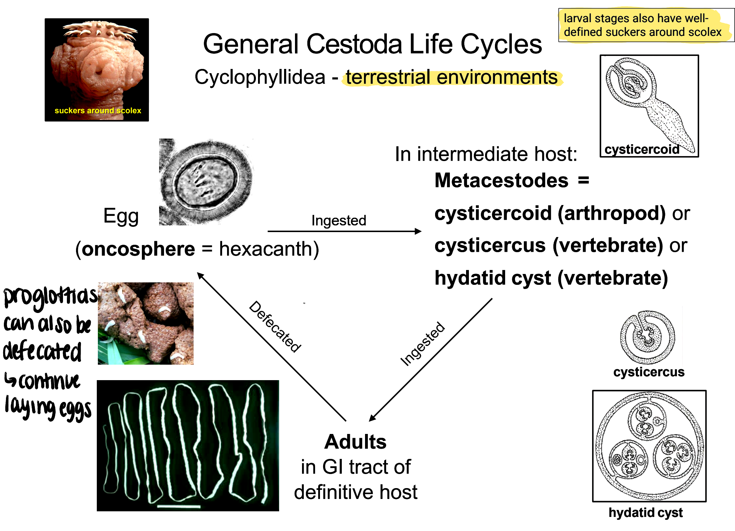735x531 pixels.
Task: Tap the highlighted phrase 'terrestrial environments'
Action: [452, 77]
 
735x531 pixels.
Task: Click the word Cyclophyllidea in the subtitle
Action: [260, 77]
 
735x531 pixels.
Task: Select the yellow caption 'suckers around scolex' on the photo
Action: [98, 110]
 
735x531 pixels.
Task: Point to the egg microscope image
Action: [206, 182]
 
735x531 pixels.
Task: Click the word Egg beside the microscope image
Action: [121, 216]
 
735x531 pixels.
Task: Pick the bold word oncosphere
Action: [138, 249]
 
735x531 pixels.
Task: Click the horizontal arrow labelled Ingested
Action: [344, 231]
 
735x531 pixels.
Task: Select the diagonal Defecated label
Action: [275, 326]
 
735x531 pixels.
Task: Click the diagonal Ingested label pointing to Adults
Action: [422, 344]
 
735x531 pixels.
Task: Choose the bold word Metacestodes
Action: [501, 180]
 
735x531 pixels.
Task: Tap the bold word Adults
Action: [355, 442]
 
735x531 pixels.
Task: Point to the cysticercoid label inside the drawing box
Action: [642, 149]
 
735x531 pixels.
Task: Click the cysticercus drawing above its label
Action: [648, 337]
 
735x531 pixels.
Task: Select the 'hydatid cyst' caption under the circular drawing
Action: [646, 512]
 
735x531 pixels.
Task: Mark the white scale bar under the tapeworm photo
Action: [179, 507]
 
